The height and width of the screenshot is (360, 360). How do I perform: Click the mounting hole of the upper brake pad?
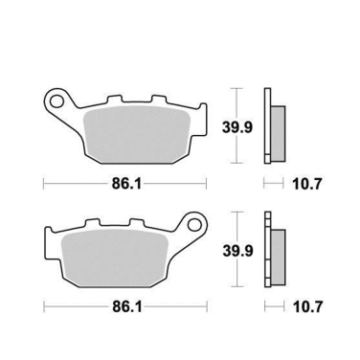pyautogui.click(x=59, y=98)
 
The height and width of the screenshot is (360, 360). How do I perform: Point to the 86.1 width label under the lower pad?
pyautogui.click(x=123, y=308)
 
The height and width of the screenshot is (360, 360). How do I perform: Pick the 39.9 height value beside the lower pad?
pyautogui.click(x=238, y=251)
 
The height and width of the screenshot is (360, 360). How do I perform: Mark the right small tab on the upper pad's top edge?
pyautogui.click(x=157, y=99)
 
